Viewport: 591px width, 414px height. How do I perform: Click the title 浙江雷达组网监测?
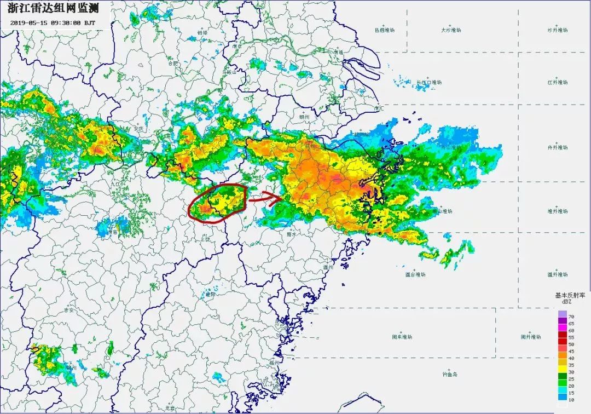(53, 9)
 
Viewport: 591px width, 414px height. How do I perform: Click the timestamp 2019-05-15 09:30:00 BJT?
(53, 24)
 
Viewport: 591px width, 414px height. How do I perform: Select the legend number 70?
(571, 317)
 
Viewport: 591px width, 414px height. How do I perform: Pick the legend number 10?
(571, 400)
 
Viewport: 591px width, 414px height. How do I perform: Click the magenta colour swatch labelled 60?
(562, 330)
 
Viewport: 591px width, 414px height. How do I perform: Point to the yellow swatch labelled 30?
(562, 372)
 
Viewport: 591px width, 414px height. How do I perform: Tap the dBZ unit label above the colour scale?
(566, 302)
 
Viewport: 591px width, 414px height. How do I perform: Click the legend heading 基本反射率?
(570, 295)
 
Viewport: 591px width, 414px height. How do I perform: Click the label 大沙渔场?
(451, 31)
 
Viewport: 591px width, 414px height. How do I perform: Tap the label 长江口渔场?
(429, 83)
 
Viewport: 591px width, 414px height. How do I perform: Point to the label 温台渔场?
(415, 274)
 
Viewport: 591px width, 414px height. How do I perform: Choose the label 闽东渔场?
(402, 336)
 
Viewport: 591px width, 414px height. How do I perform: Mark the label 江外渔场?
(558, 83)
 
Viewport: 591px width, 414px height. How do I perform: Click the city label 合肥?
(173, 64)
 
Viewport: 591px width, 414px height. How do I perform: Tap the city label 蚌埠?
(202, 33)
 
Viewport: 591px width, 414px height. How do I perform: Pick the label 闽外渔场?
(530, 337)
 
